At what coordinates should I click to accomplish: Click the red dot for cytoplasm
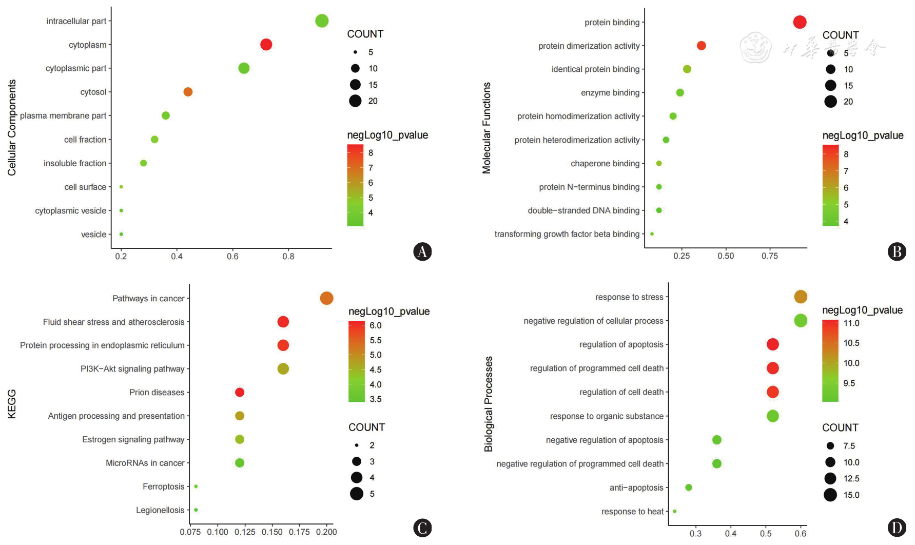pos(266,45)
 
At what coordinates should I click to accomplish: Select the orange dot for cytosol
pos(188,92)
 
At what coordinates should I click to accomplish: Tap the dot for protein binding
pos(800,22)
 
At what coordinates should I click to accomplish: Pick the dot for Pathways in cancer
pos(326,298)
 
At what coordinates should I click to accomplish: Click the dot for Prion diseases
pos(240,393)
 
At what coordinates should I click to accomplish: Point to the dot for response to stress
pos(801,297)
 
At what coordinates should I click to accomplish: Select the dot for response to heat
pos(674,511)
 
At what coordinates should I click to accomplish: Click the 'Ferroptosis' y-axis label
pos(163,486)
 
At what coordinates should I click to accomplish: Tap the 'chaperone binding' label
pos(605,164)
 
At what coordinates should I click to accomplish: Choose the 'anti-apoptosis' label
pos(636,488)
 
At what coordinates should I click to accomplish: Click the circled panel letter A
pos(422,251)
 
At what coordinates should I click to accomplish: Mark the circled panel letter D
pos(897,528)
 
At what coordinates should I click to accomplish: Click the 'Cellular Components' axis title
pos(12,128)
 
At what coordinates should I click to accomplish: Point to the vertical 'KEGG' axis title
pos(12,404)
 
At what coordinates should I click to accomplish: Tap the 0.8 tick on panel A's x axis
pos(288,256)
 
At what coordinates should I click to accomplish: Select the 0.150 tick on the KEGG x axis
pos(272,532)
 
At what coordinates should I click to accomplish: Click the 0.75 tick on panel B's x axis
pos(770,256)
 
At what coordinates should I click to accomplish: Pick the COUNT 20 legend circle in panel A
pos(355,101)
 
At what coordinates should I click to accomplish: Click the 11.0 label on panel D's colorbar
pos(851,323)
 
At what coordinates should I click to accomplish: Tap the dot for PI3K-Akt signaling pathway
pos(283,369)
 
